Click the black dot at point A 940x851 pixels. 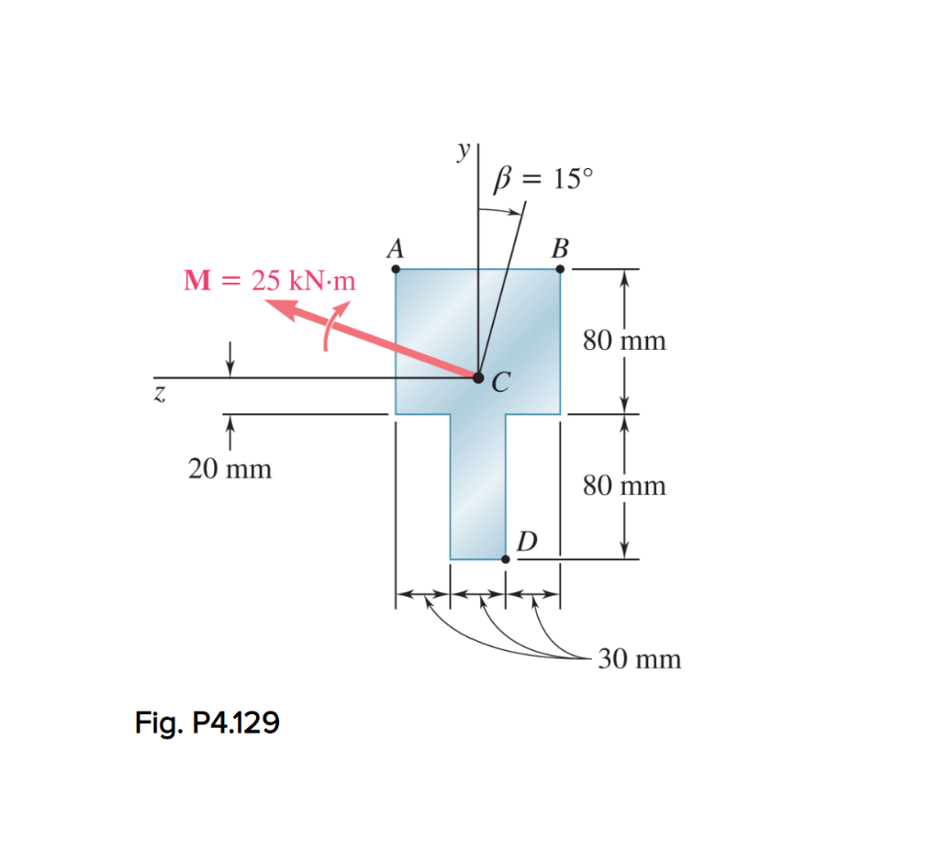coord(396,269)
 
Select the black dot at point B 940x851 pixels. coord(560,269)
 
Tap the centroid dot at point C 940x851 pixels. coord(477,376)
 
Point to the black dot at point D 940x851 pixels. coord(505,558)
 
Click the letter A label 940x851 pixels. coord(396,248)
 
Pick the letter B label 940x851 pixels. coord(560,248)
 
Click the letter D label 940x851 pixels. coord(526,540)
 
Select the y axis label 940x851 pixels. coord(465,149)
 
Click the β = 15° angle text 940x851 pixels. coord(543,178)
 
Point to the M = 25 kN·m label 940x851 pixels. coord(269,280)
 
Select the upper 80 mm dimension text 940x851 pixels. coord(624,342)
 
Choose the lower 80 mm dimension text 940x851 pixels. coord(624,485)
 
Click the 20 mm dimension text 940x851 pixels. coord(229,469)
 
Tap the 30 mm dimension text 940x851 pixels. coord(640,659)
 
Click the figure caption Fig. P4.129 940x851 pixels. coord(207,724)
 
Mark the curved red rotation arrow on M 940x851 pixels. coord(332,327)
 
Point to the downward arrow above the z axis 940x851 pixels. coord(229,358)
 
